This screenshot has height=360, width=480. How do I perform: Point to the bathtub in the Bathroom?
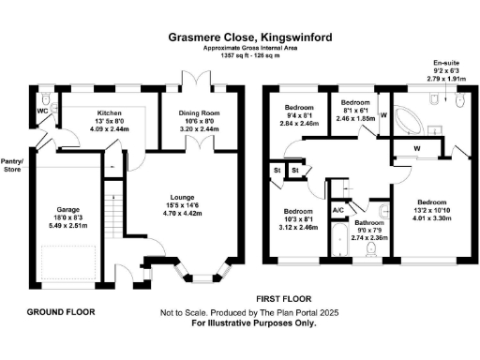pyautogui.click(x=335, y=243)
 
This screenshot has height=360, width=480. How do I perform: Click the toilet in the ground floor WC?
pyautogui.click(x=47, y=97)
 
